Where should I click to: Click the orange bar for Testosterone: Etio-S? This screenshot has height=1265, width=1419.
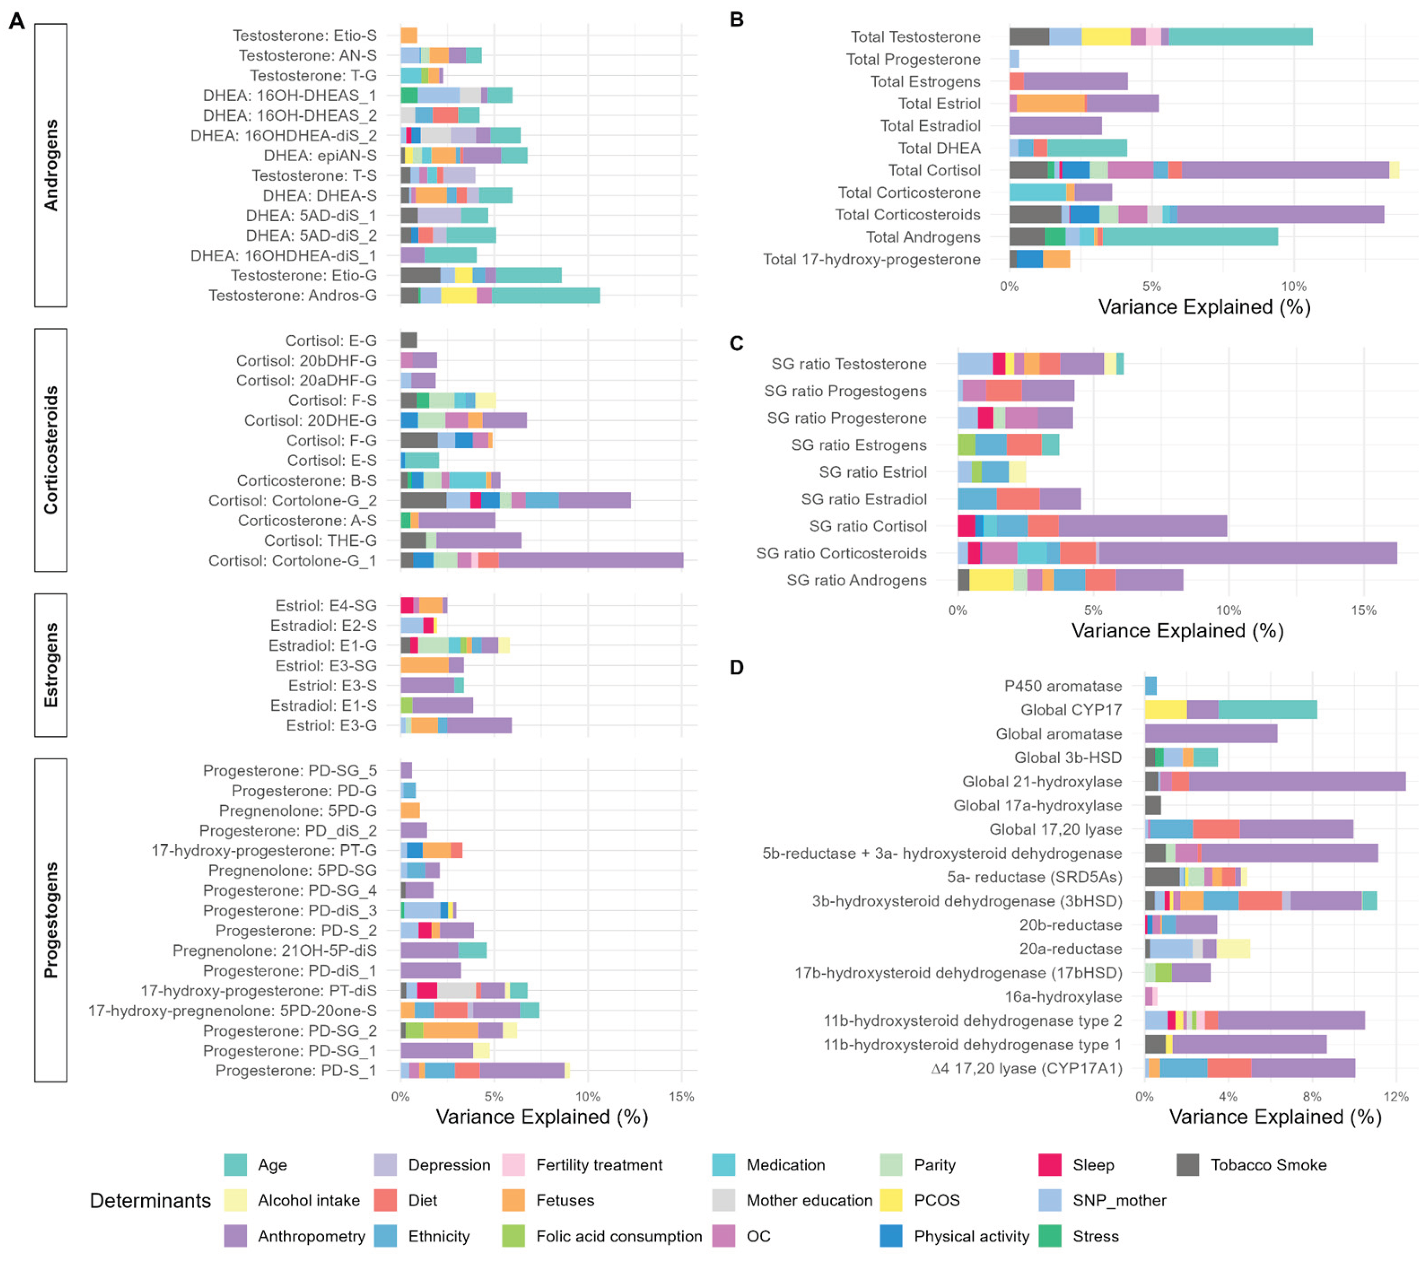click(x=408, y=35)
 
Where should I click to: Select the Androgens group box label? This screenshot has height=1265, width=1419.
click(x=51, y=165)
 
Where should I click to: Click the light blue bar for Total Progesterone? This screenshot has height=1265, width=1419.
click(x=1014, y=59)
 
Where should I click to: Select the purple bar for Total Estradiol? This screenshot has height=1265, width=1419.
click(x=1055, y=126)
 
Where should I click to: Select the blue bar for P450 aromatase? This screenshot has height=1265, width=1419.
click(x=1150, y=686)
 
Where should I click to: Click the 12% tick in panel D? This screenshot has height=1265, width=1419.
click(x=1395, y=1097)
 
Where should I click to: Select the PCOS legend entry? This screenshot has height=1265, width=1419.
click(x=936, y=1200)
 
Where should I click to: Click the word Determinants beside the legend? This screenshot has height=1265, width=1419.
click(x=150, y=1200)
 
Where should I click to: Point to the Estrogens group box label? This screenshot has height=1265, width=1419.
click(x=51, y=665)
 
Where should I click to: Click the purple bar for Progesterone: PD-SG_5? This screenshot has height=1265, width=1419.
click(x=406, y=771)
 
